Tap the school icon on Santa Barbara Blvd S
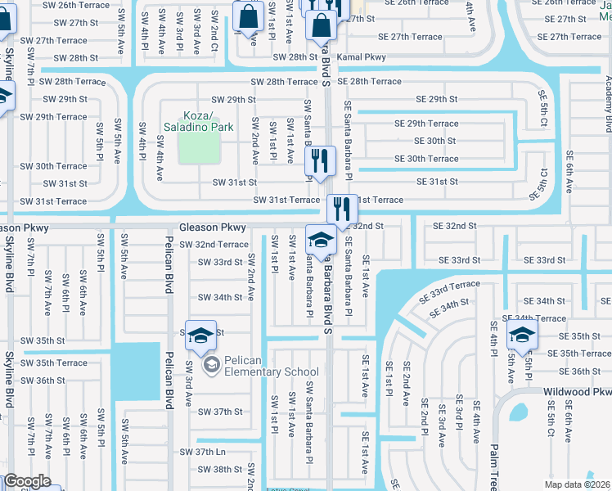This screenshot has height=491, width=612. pyautogui.click(x=320, y=241)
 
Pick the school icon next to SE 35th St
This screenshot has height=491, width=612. pyautogui.click(x=521, y=335)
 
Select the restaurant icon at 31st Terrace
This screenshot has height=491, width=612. pyautogui.click(x=342, y=209)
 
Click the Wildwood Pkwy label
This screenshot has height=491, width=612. pyautogui.click(x=577, y=392)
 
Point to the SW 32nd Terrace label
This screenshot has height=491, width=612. pyautogui.click(x=214, y=245)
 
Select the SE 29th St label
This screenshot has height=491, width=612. pyautogui.click(x=436, y=99)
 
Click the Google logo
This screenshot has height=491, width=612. pyautogui.click(x=28, y=481)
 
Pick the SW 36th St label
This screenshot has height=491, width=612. pyautogui.click(x=44, y=381)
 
